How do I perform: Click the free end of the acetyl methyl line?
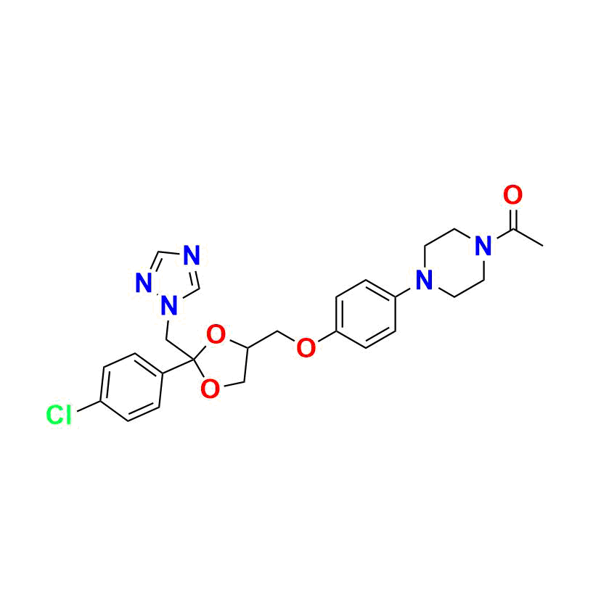click(x=543, y=246)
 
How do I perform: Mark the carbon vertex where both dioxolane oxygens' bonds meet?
click(x=193, y=360)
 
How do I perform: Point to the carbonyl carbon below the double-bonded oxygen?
click(x=513, y=229)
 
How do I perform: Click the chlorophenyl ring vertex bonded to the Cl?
click(x=101, y=401)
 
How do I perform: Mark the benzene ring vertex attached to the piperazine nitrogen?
click(x=396, y=297)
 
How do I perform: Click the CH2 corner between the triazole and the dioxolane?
click(x=166, y=340)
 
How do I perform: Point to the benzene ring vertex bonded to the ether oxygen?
click(x=336, y=332)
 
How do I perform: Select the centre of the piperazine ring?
click(x=454, y=263)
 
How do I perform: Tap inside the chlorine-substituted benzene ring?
click(x=131, y=387)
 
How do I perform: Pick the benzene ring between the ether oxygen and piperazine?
click(x=366, y=314)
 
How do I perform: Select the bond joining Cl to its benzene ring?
click(x=89, y=406)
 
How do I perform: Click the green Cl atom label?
click(x=59, y=415)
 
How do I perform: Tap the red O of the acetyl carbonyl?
click(x=512, y=195)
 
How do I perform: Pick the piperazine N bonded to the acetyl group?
click(x=483, y=246)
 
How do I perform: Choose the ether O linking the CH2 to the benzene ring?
click(x=306, y=347)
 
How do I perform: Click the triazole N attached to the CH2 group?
click(x=170, y=306)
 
